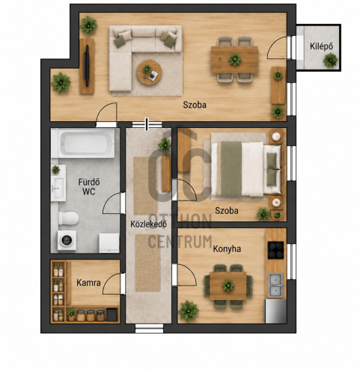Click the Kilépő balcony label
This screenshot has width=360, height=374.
[x=321, y=46]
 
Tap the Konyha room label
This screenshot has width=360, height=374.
[x=227, y=249]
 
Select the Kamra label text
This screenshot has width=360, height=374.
[x=88, y=283]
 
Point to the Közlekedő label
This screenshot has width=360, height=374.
[x=149, y=224]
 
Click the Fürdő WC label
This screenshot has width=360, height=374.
[x=89, y=186]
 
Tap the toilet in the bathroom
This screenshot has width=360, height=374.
[x=68, y=218]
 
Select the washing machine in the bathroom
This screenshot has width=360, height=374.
[x=67, y=240]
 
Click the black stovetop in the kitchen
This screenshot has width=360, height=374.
[x=275, y=250]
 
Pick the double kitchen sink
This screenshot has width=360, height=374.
[x=275, y=285]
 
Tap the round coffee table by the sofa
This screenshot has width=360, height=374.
[x=149, y=73]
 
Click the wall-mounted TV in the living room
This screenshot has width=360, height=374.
[x=87, y=66]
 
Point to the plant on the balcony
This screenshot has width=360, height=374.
[x=330, y=60]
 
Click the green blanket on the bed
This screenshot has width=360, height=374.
[x=231, y=169]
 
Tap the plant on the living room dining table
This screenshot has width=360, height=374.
[x=235, y=60]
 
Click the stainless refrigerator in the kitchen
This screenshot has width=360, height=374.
[x=275, y=311]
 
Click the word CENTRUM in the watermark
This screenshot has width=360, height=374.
[x=180, y=242]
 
